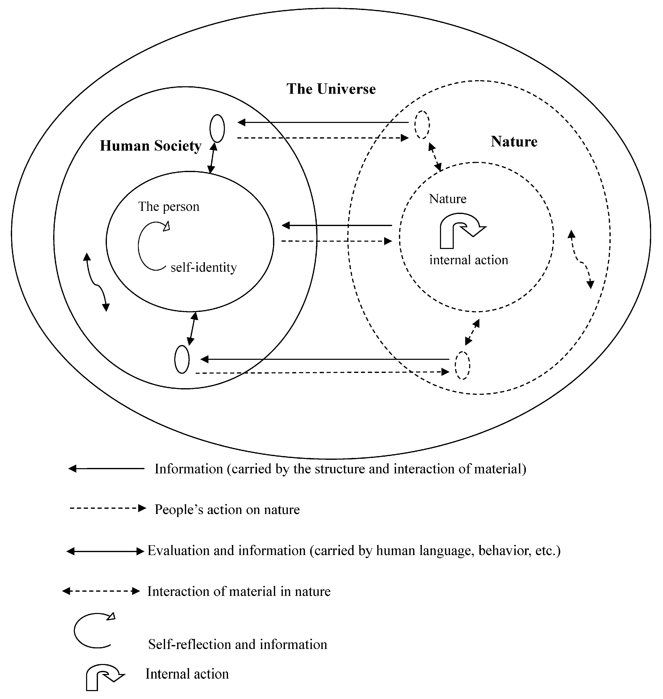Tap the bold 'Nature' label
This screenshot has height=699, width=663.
tap(514, 142)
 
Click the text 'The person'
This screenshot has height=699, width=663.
tap(169, 207)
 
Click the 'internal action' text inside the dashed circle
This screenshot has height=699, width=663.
tap(469, 260)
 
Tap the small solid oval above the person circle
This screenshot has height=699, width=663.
tap(217, 128)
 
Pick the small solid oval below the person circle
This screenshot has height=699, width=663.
tap(182, 359)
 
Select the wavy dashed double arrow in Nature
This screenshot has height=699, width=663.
tap(581, 260)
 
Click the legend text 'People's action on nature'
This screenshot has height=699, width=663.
tap(227, 510)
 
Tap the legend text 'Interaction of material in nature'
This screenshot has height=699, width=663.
tap(239, 592)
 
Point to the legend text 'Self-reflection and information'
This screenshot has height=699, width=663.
tap(237, 645)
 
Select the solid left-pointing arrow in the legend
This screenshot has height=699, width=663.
tap(106, 469)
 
